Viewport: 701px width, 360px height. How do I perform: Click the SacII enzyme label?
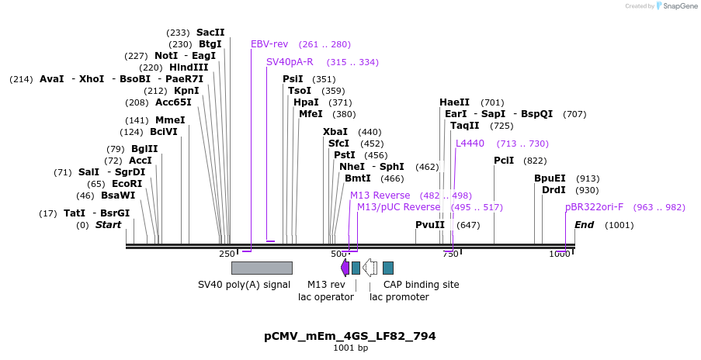[x=210, y=33]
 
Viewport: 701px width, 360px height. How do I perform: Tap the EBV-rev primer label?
[x=269, y=44]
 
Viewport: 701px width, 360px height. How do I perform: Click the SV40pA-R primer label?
[x=290, y=62]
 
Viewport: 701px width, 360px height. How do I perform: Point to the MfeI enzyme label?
[x=311, y=114]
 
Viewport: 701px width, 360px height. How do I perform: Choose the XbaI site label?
[x=335, y=132]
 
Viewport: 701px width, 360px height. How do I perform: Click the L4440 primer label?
[x=470, y=144]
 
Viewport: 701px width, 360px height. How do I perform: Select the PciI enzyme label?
[x=504, y=161]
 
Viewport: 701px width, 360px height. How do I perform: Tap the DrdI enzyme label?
[x=554, y=190]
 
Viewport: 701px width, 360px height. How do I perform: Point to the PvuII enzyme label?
[x=430, y=225]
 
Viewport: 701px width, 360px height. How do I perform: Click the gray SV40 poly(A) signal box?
[x=262, y=268]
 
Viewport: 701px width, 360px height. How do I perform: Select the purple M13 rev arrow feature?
[x=345, y=268]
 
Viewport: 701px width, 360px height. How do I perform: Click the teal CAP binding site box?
[x=388, y=268]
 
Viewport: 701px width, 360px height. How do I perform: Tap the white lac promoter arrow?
[x=370, y=268]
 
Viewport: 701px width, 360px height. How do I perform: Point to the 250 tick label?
[x=227, y=254]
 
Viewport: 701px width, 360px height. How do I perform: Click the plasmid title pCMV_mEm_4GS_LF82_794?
[x=350, y=336]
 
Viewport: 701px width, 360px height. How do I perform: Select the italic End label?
[x=584, y=225]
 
